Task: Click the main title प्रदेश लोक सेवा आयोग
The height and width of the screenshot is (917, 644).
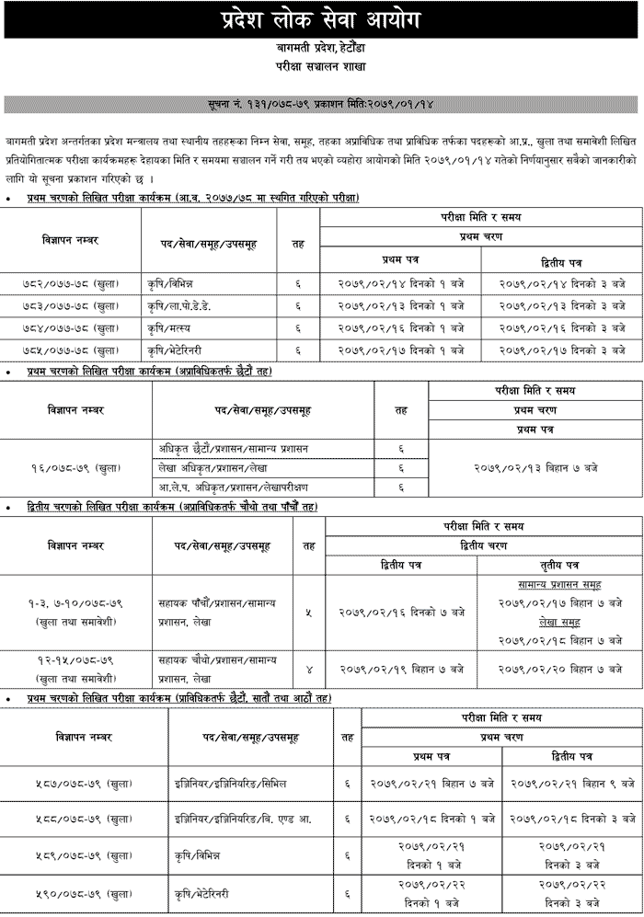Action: tap(322, 19)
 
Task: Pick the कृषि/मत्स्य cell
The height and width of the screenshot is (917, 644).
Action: tap(180, 327)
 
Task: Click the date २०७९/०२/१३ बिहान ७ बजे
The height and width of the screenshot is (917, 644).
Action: tap(535, 468)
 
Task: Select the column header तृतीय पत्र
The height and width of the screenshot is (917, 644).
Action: tap(559, 564)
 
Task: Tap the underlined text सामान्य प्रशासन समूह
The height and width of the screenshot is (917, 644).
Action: tap(560, 584)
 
